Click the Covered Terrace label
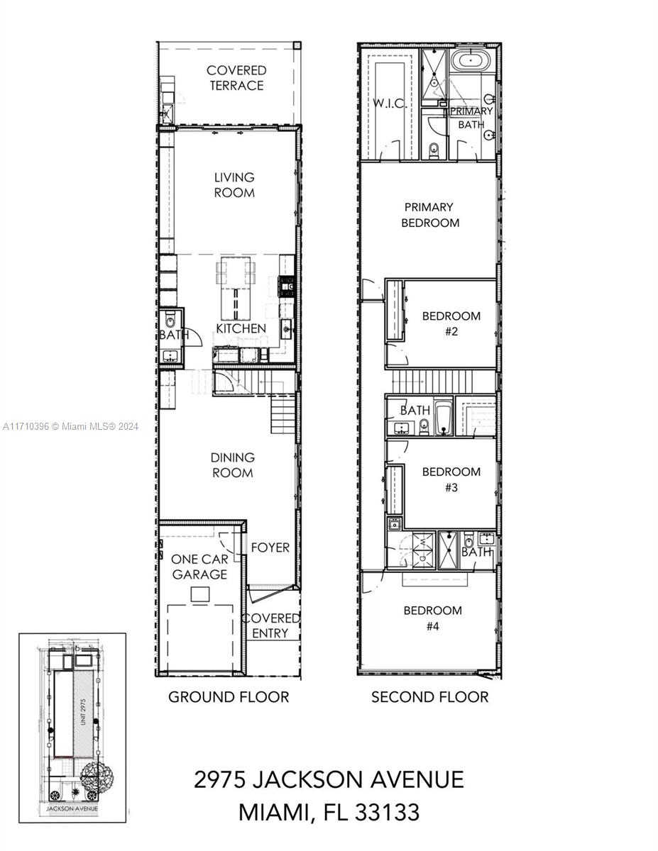pos(236,78)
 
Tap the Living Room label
pos(234,185)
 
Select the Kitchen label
pos(241,328)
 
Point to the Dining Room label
pos(232,465)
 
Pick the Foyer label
pos(270,547)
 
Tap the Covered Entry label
pos(270,625)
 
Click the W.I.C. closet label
pos(390,104)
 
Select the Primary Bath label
pos(469,118)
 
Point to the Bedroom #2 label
pos(451,323)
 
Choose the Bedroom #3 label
pos(451,479)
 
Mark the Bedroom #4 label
pos(432,618)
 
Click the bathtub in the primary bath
pos(471,61)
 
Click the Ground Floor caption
pos(229,697)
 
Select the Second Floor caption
pos(430,697)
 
